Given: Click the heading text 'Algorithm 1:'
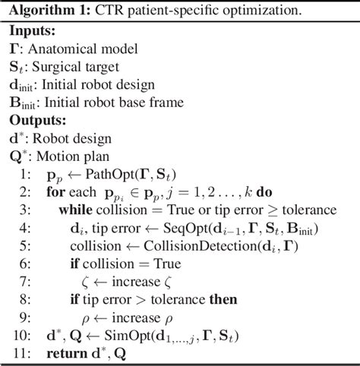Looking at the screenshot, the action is coord(46,11).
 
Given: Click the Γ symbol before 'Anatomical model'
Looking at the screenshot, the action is coord(14,49).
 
